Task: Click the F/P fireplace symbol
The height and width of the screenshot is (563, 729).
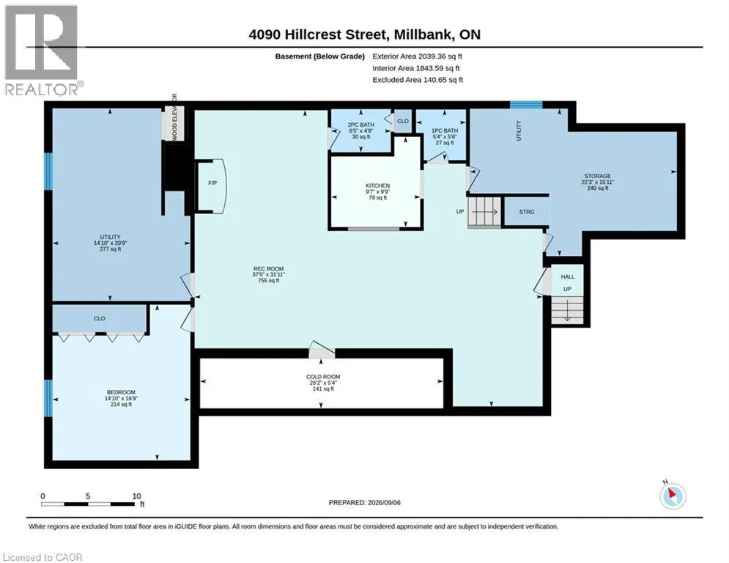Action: click(x=212, y=186)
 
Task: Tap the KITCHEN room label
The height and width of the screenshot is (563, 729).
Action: click(x=377, y=185)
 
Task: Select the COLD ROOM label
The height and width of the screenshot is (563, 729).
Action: click(x=323, y=376)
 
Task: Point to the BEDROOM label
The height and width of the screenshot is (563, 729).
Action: click(x=121, y=392)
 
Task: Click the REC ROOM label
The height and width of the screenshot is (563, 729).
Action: click(x=268, y=268)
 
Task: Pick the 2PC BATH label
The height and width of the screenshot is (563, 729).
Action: click(x=360, y=125)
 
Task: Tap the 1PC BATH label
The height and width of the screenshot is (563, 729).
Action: click(x=445, y=130)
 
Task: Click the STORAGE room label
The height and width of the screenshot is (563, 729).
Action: click(x=597, y=176)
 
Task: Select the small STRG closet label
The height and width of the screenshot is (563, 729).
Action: click(x=526, y=212)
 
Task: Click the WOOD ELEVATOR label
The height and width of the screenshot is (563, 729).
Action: click(x=174, y=117)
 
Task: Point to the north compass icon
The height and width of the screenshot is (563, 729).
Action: click(x=673, y=496)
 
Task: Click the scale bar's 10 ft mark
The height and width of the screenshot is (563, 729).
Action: click(x=137, y=496)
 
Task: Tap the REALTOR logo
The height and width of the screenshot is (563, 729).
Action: click(x=42, y=51)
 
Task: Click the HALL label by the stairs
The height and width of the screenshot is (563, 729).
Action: click(x=567, y=276)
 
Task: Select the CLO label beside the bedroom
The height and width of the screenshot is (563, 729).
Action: click(x=100, y=319)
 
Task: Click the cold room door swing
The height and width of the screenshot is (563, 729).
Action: click(x=321, y=350)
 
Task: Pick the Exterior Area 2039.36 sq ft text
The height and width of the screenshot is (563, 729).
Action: click(x=417, y=56)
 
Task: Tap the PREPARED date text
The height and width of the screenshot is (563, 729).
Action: click(x=365, y=502)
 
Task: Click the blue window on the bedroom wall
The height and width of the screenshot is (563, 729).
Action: click(x=48, y=398)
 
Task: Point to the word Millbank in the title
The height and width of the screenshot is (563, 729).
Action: click(x=423, y=34)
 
